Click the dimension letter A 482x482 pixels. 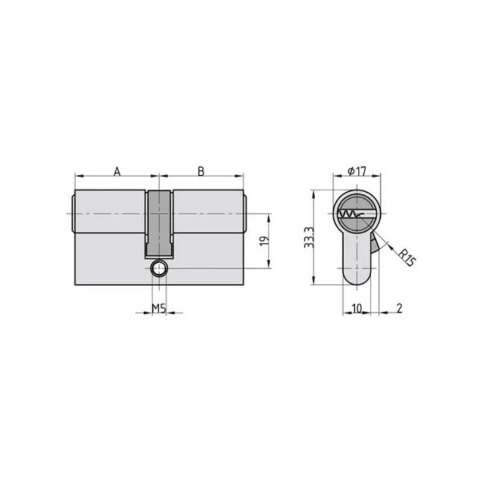117,172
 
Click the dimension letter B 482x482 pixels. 201,172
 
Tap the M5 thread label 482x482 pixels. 159,308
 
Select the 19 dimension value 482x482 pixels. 264,240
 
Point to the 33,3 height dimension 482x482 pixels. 309,237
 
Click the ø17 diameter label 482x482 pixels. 357,171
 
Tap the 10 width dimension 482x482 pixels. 357,308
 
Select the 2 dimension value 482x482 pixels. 399,308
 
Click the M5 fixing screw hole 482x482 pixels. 159,269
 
